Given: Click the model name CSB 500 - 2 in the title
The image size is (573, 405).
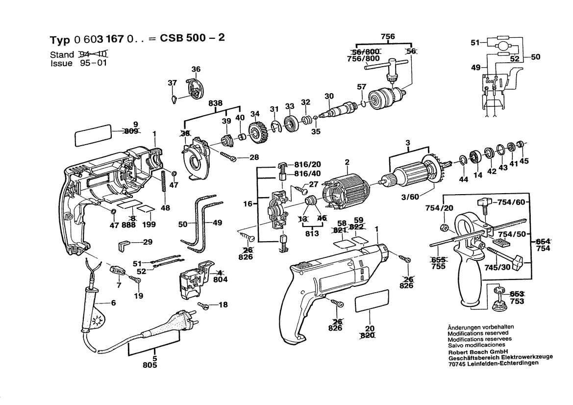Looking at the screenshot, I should tap(193, 39).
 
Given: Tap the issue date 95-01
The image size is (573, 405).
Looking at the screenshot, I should tap(92, 63).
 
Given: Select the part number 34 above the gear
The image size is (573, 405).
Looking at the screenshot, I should tap(254, 114).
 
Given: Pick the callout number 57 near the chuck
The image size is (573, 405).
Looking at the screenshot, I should tap(361, 87).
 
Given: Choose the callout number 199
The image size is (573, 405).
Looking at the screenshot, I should tap(149, 225).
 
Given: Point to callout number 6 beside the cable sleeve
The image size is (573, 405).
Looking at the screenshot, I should tap(114, 303).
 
